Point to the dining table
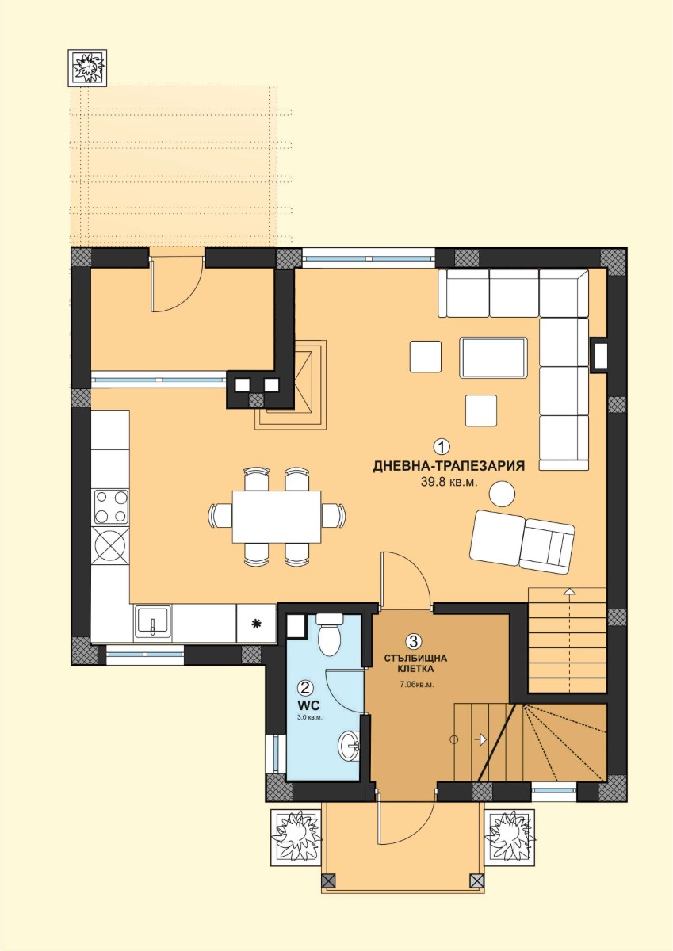277,517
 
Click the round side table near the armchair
502,493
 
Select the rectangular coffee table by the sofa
493,357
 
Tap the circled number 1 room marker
442,446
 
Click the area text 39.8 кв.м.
449,483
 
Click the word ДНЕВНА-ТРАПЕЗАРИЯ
449,466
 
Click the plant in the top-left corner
87,68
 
